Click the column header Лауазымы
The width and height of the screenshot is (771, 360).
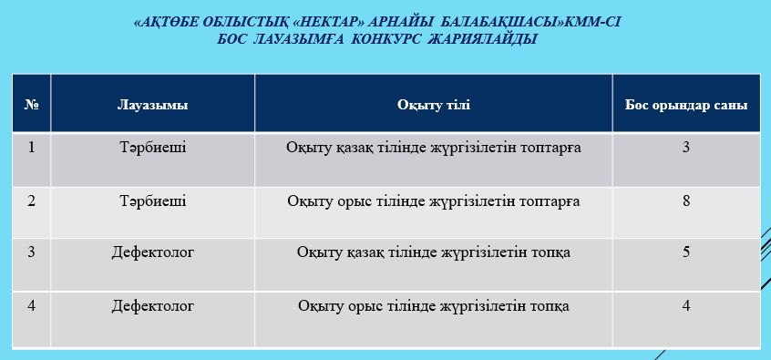coord(152,105)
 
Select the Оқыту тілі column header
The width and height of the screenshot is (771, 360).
coord(433,105)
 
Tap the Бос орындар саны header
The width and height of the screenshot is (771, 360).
coord(686,105)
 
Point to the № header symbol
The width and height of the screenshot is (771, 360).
coord(32,105)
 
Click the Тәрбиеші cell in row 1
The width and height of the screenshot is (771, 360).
coord(152,147)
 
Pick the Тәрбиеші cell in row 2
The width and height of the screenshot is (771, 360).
coord(152,201)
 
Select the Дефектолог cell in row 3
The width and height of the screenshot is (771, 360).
coord(153,252)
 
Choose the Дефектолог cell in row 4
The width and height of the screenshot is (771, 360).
coord(153,306)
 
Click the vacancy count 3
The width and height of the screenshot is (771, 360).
coord(686,147)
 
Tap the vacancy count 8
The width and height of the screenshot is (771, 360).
coord(686,201)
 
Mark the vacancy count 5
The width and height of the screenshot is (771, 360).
coord(686,252)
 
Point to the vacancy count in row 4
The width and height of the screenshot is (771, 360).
coord(686,306)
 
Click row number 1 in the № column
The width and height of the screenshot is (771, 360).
coord(32,147)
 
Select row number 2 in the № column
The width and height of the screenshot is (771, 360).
coord(32,201)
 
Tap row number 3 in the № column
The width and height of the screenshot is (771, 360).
coord(32,252)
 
